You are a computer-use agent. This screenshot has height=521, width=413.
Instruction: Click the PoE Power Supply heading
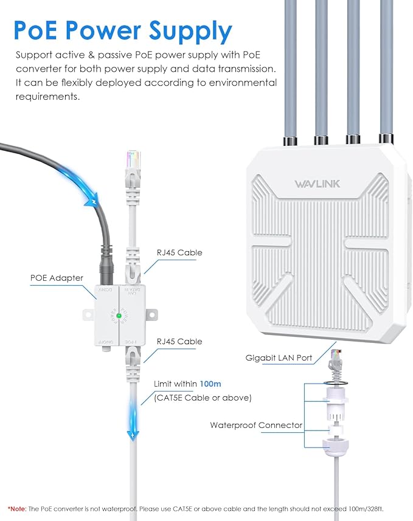click(x=123, y=30)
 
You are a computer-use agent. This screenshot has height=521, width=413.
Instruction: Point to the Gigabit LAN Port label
click(x=279, y=358)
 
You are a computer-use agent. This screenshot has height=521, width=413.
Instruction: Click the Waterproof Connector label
click(x=256, y=425)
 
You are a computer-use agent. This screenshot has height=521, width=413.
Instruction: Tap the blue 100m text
click(x=211, y=384)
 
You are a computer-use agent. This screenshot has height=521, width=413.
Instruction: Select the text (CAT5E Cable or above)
click(x=195, y=398)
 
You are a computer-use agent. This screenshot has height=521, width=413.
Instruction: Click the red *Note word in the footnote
click(x=16, y=508)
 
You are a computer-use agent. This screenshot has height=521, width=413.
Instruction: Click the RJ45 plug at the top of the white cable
click(x=133, y=162)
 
